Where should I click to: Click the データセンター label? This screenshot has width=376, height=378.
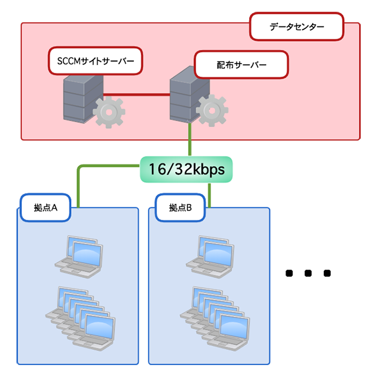297,27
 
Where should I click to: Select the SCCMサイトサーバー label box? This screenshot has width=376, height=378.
95,61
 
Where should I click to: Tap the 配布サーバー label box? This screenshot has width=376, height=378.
241,64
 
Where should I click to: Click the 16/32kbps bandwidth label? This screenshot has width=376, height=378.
186,170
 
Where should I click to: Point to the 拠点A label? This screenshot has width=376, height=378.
45,208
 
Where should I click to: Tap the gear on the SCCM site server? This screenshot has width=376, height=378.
109,113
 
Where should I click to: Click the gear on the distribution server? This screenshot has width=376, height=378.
211,111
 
